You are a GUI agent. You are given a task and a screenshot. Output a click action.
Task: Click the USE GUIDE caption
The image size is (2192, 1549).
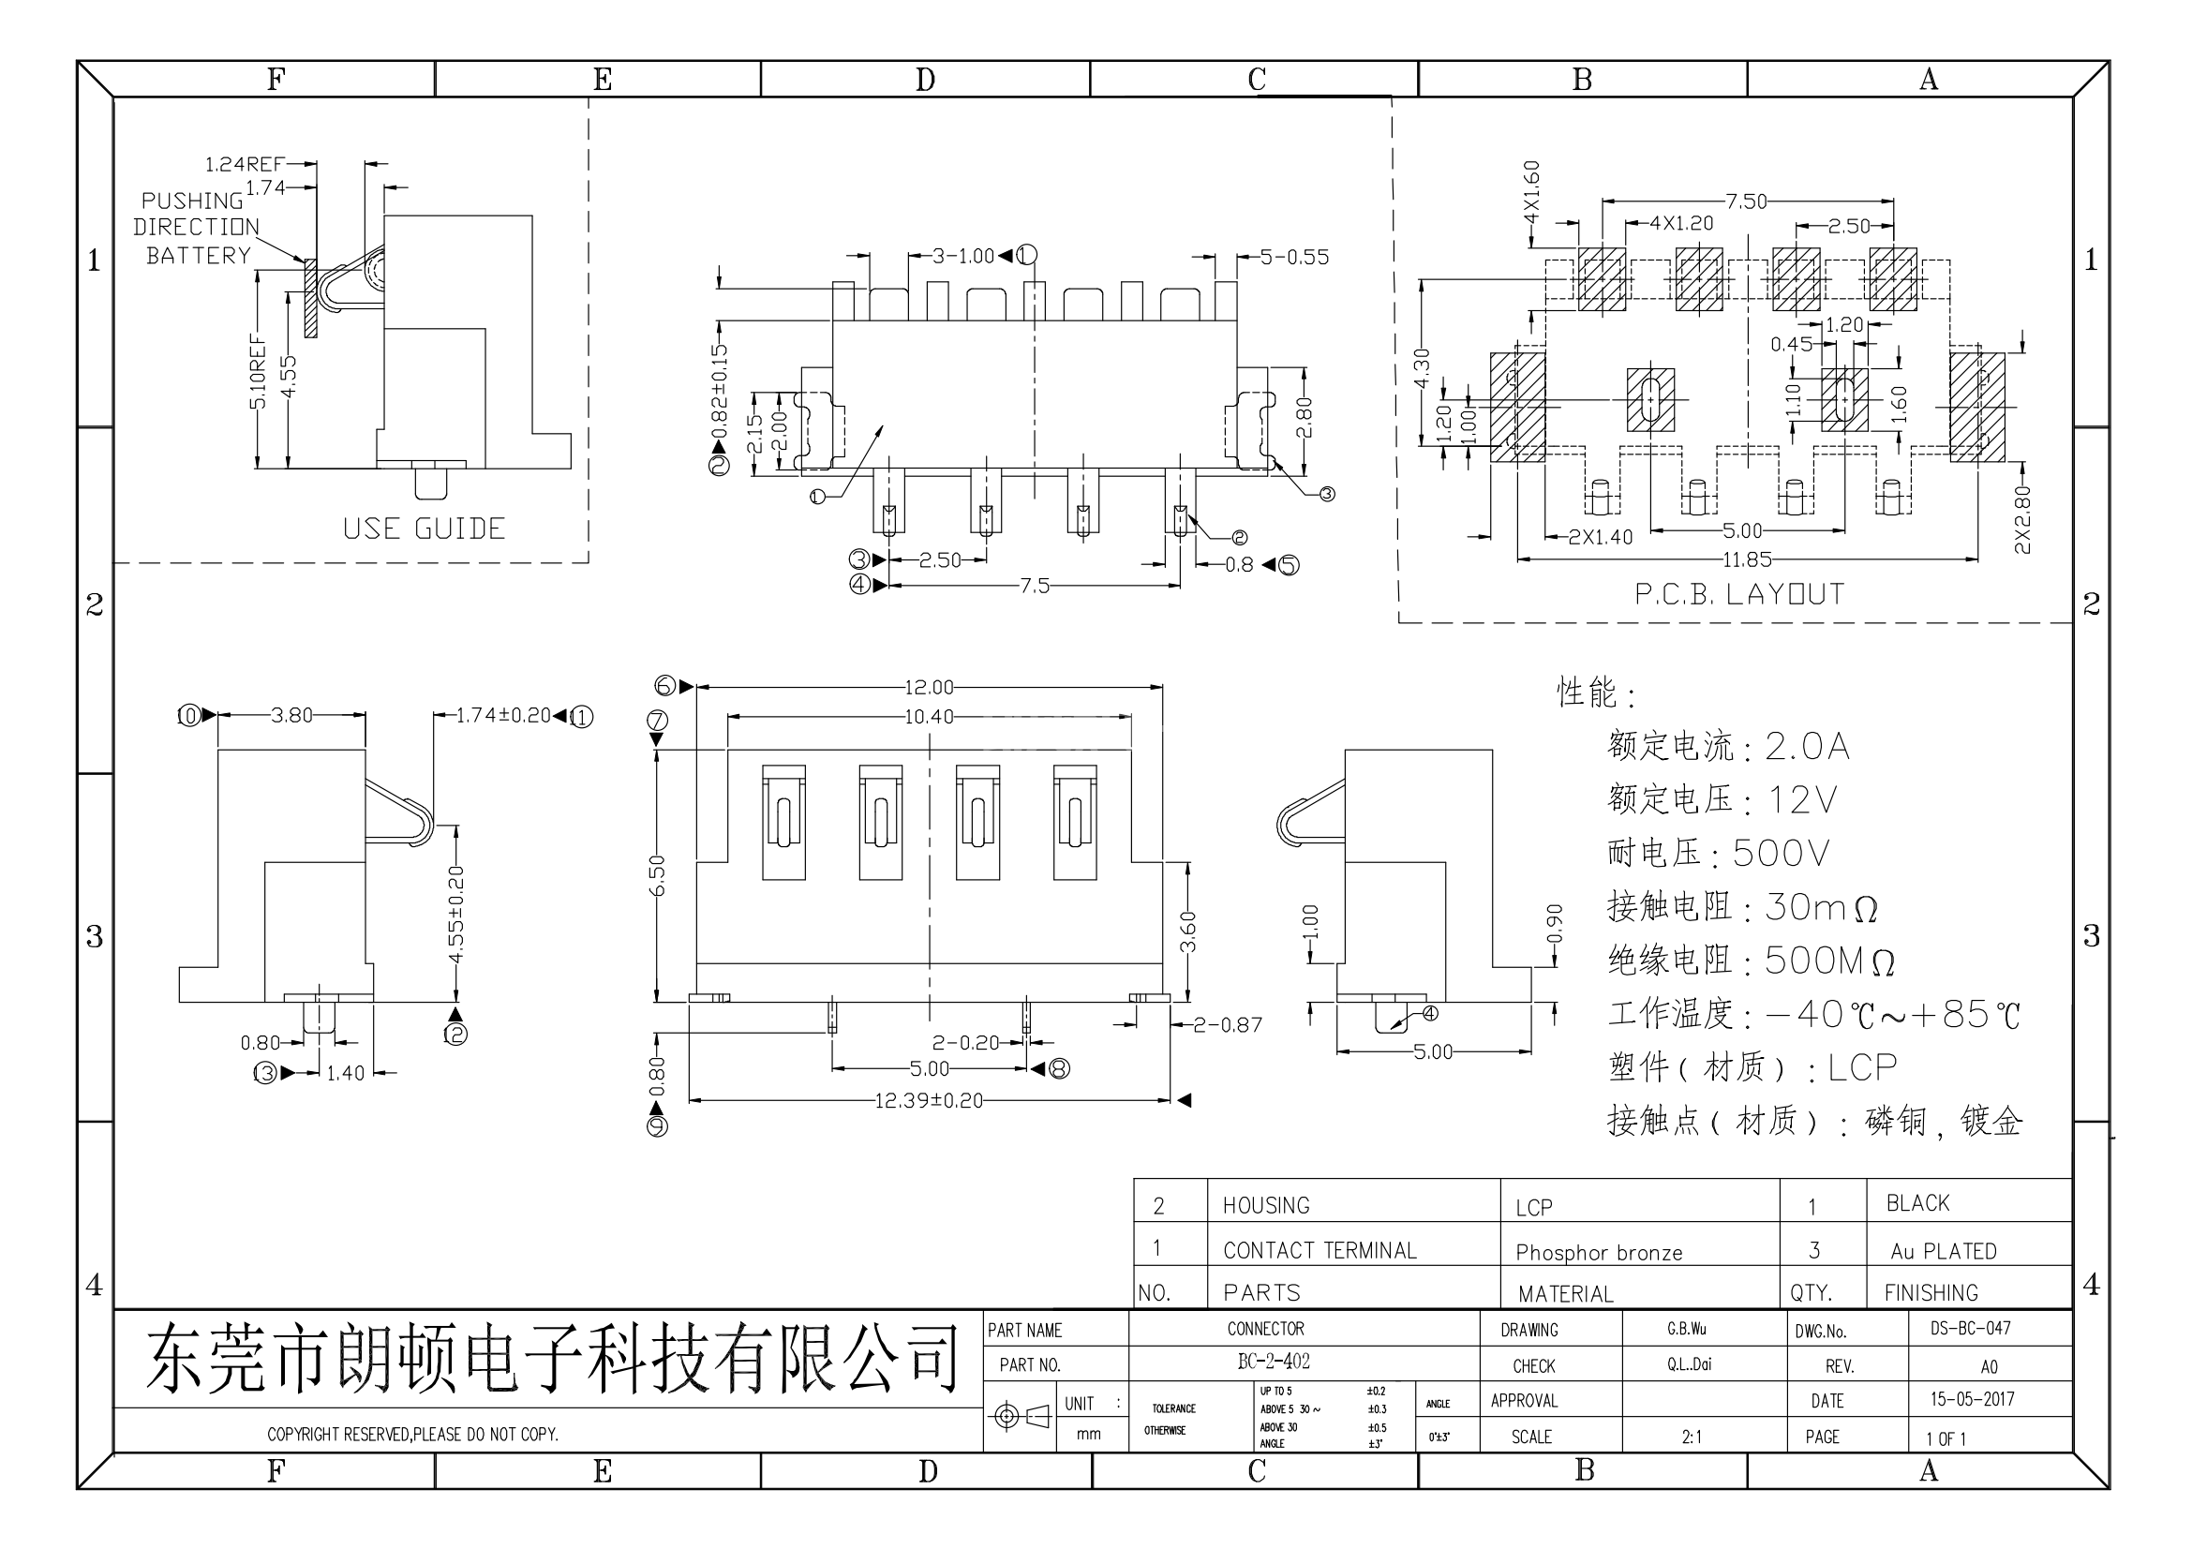(424, 529)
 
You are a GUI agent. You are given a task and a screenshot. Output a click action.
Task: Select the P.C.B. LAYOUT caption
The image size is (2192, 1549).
(1739, 595)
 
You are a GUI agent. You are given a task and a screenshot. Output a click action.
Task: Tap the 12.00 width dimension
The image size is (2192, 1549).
(928, 687)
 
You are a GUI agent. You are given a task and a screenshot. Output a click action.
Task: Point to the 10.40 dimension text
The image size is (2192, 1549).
(928, 717)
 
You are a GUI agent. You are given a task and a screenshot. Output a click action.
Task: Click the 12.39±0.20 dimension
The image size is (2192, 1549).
(928, 1100)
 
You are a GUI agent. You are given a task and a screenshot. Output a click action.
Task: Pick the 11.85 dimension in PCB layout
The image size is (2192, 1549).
(1746, 559)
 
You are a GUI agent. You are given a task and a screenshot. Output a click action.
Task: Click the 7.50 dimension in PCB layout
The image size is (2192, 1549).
(1746, 201)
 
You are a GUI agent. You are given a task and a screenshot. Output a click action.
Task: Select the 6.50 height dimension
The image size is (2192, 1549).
(657, 874)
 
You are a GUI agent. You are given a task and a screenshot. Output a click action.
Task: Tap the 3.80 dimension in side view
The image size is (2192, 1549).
(291, 715)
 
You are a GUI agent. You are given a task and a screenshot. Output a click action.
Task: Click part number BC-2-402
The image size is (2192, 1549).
(1273, 1362)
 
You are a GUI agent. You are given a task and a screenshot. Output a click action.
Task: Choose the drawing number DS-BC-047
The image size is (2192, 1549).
(1970, 1329)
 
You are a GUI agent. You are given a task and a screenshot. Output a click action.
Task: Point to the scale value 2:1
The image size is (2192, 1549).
(1691, 1437)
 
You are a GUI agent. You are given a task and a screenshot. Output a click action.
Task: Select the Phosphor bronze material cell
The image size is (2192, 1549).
(1598, 1253)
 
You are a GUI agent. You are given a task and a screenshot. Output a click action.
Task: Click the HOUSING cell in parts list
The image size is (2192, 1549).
(1266, 1205)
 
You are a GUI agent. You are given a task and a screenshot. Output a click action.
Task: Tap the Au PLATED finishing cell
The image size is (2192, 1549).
(1943, 1251)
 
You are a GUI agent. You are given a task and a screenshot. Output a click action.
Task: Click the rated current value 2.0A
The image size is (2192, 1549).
(1806, 746)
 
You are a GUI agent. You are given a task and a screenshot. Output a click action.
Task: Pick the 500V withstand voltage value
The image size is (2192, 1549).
(1781, 854)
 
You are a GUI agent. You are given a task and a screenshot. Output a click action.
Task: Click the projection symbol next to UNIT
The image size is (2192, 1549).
(1021, 1416)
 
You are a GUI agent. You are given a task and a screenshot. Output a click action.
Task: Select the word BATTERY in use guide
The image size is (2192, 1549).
(198, 256)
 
